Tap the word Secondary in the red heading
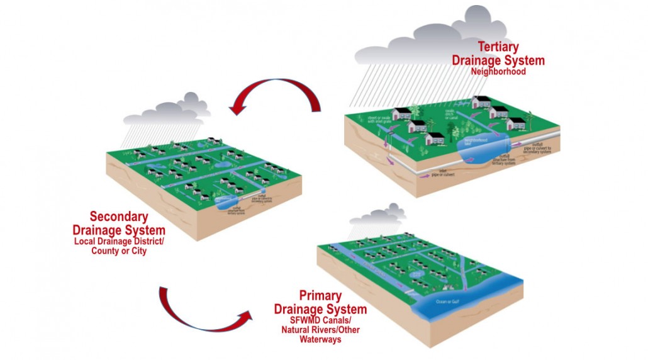click(x=120, y=217)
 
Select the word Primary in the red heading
click(x=320, y=296)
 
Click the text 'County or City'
click(x=119, y=251)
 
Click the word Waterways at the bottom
click(x=320, y=340)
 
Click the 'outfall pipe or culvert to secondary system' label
click(x=539, y=148)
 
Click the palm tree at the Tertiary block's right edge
click(x=530, y=120)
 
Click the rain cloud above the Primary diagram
click(x=377, y=217)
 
